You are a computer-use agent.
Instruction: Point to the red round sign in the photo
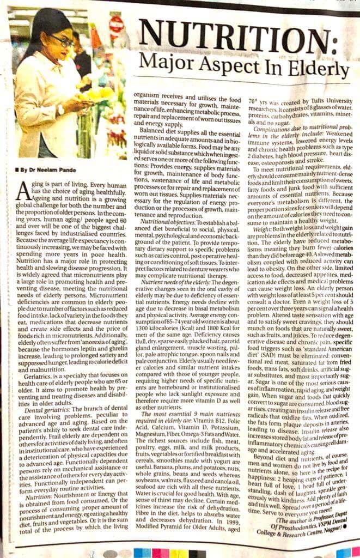(115, 24)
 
